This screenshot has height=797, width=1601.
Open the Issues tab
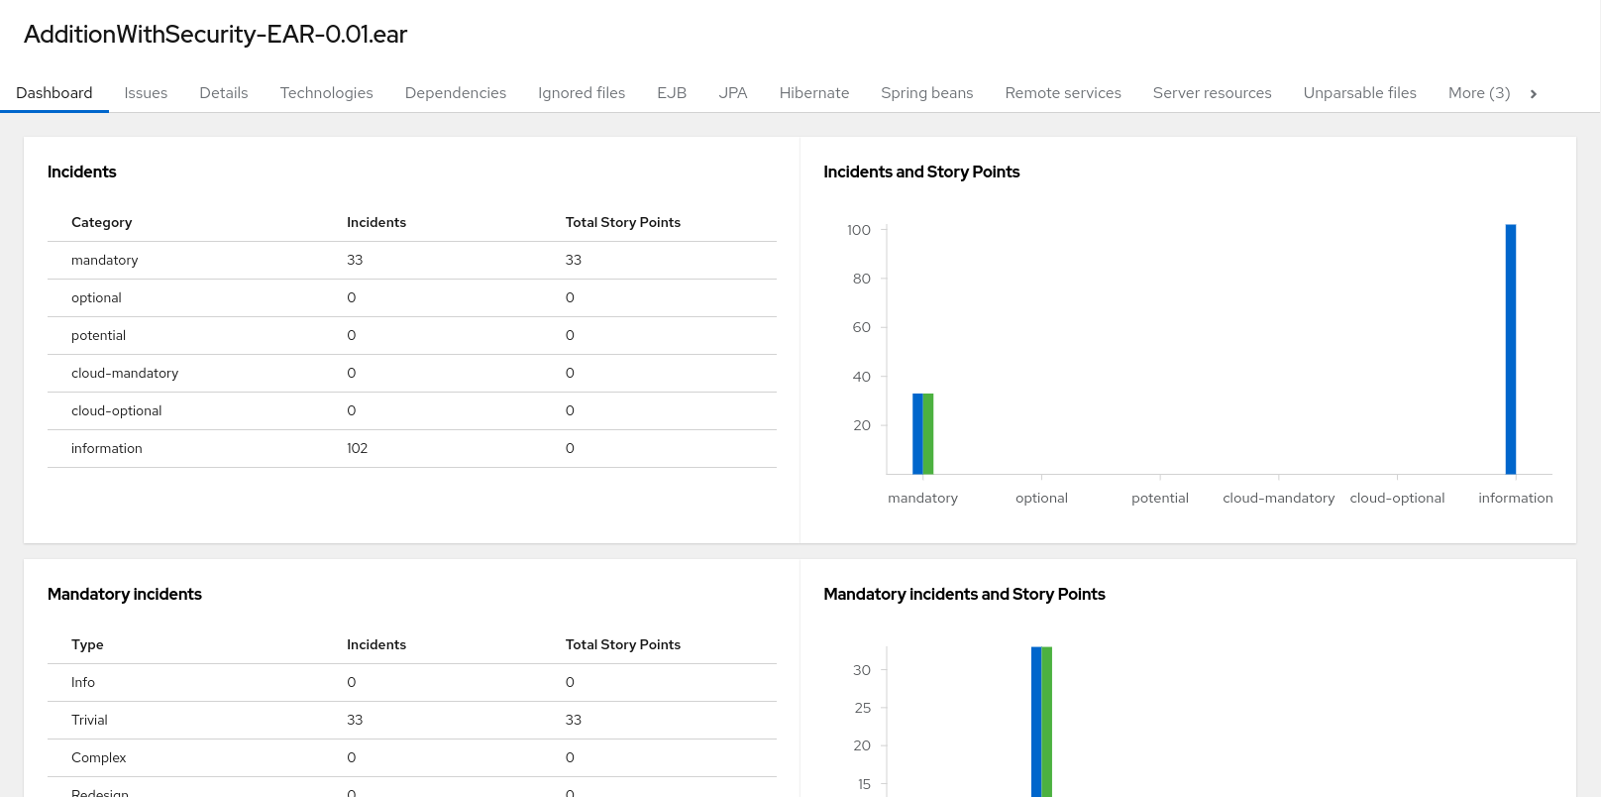pyautogui.click(x=146, y=93)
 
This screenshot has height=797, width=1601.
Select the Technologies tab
pyautogui.click(x=326, y=93)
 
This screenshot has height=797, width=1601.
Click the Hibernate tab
pyautogui.click(x=813, y=93)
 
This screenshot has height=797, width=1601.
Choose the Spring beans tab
pyautogui.click(x=926, y=93)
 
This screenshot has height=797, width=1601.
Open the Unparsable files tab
pyautogui.click(x=1359, y=93)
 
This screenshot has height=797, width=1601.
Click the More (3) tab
pyautogui.click(x=1478, y=93)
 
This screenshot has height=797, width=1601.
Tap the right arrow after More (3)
pyautogui.click(x=1534, y=94)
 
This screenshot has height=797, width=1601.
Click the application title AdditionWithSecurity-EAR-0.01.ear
pyautogui.click(x=215, y=35)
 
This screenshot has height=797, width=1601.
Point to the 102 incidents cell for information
pyautogui.click(x=357, y=449)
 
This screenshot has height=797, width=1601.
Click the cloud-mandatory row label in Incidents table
pyautogui.click(x=125, y=374)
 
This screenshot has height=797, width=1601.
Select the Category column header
pyautogui.click(x=101, y=223)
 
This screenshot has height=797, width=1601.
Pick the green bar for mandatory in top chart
pyautogui.click(x=928, y=433)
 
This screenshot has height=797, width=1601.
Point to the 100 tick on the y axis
pyautogui.click(x=859, y=230)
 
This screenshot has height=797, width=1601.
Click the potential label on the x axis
pyautogui.click(x=1159, y=499)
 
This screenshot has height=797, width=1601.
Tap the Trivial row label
pyautogui.click(x=89, y=721)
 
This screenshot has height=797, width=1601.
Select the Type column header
pyautogui.click(x=87, y=645)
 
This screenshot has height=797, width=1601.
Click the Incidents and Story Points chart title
pyautogui.click(x=921, y=172)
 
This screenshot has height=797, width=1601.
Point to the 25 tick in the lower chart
pyautogui.click(x=862, y=708)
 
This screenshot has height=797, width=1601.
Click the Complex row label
pyautogui.click(x=99, y=758)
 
